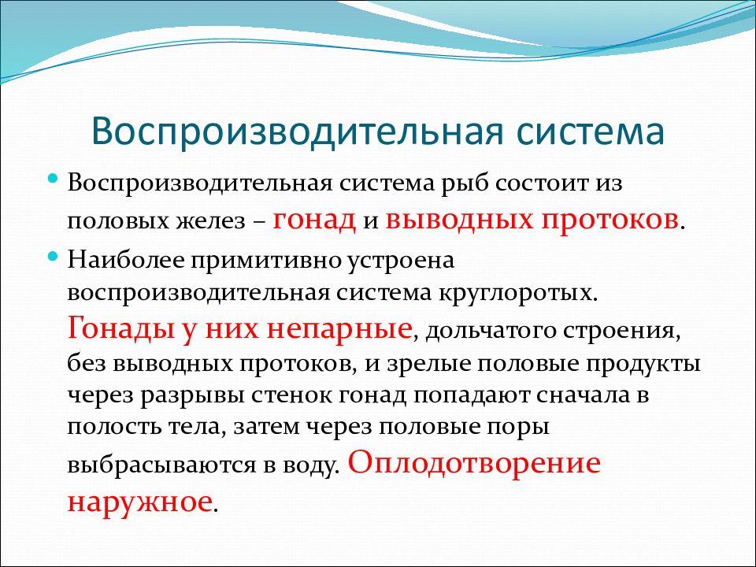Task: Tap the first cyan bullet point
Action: click(x=53, y=180)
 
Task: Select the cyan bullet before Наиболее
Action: click(x=53, y=257)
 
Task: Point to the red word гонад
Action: click(x=314, y=220)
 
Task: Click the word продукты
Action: click(x=643, y=365)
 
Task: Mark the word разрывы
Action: click(x=195, y=396)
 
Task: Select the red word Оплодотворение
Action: click(x=474, y=462)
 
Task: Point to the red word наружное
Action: click(x=139, y=502)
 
